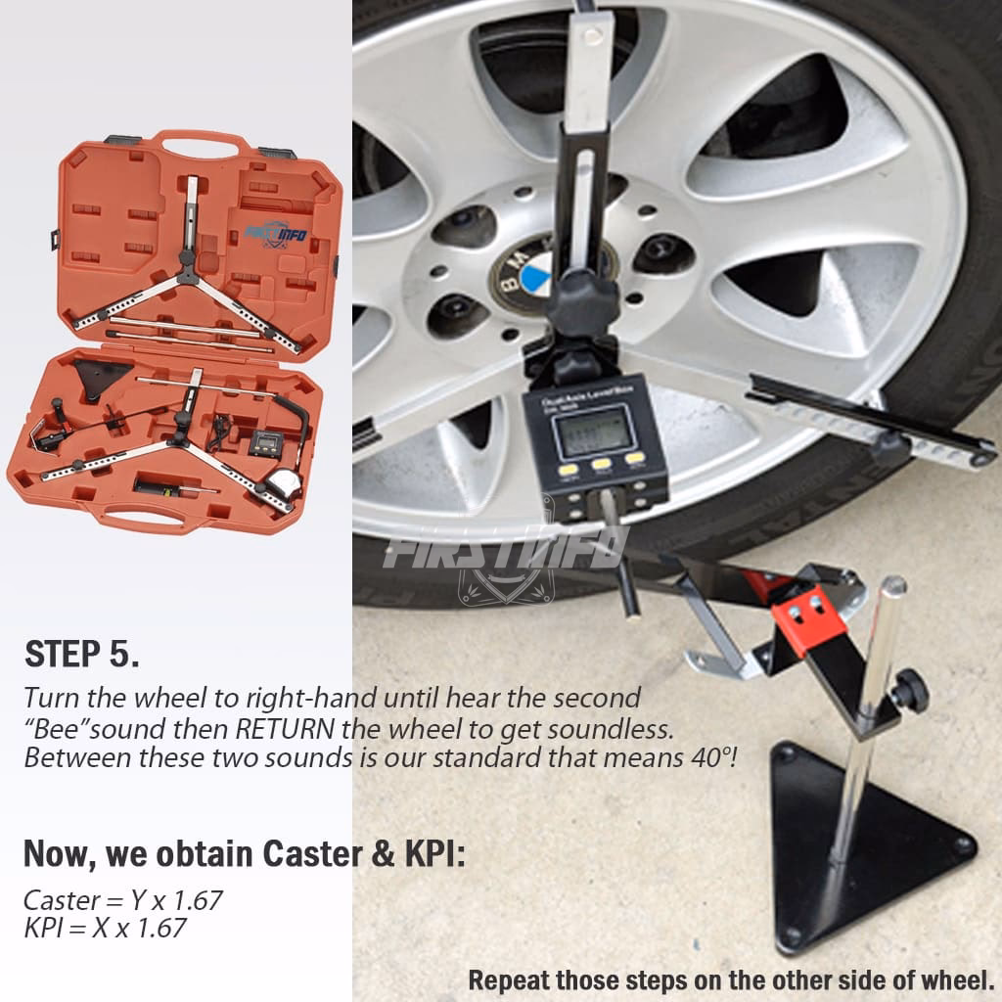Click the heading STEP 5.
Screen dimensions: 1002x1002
[82, 655]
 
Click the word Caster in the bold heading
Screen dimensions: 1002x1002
[314, 853]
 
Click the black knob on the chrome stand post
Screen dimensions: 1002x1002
[909, 692]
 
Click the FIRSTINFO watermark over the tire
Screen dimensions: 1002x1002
[504, 548]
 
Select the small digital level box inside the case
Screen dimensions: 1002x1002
[263, 442]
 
